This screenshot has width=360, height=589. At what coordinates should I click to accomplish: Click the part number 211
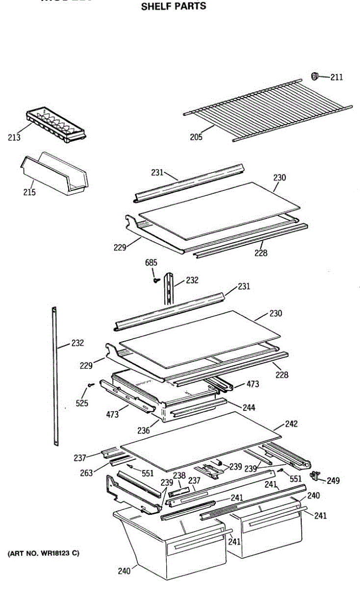click(336, 77)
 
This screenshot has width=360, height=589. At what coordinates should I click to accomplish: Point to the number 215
click(29, 192)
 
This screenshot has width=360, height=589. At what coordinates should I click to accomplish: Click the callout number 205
click(196, 137)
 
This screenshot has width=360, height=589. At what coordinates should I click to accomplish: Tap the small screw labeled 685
click(156, 280)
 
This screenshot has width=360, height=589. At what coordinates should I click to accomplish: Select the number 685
click(151, 263)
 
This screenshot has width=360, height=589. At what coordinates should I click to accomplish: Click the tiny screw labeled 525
click(90, 386)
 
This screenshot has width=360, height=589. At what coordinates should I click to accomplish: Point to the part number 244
click(248, 407)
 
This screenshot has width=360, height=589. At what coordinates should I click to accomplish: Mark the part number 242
click(291, 424)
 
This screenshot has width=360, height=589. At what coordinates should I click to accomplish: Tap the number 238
click(179, 476)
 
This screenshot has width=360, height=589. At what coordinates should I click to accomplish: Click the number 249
click(333, 481)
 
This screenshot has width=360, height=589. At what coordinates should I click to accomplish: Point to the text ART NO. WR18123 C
click(43, 553)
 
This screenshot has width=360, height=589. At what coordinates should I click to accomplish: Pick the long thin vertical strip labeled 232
click(54, 375)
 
